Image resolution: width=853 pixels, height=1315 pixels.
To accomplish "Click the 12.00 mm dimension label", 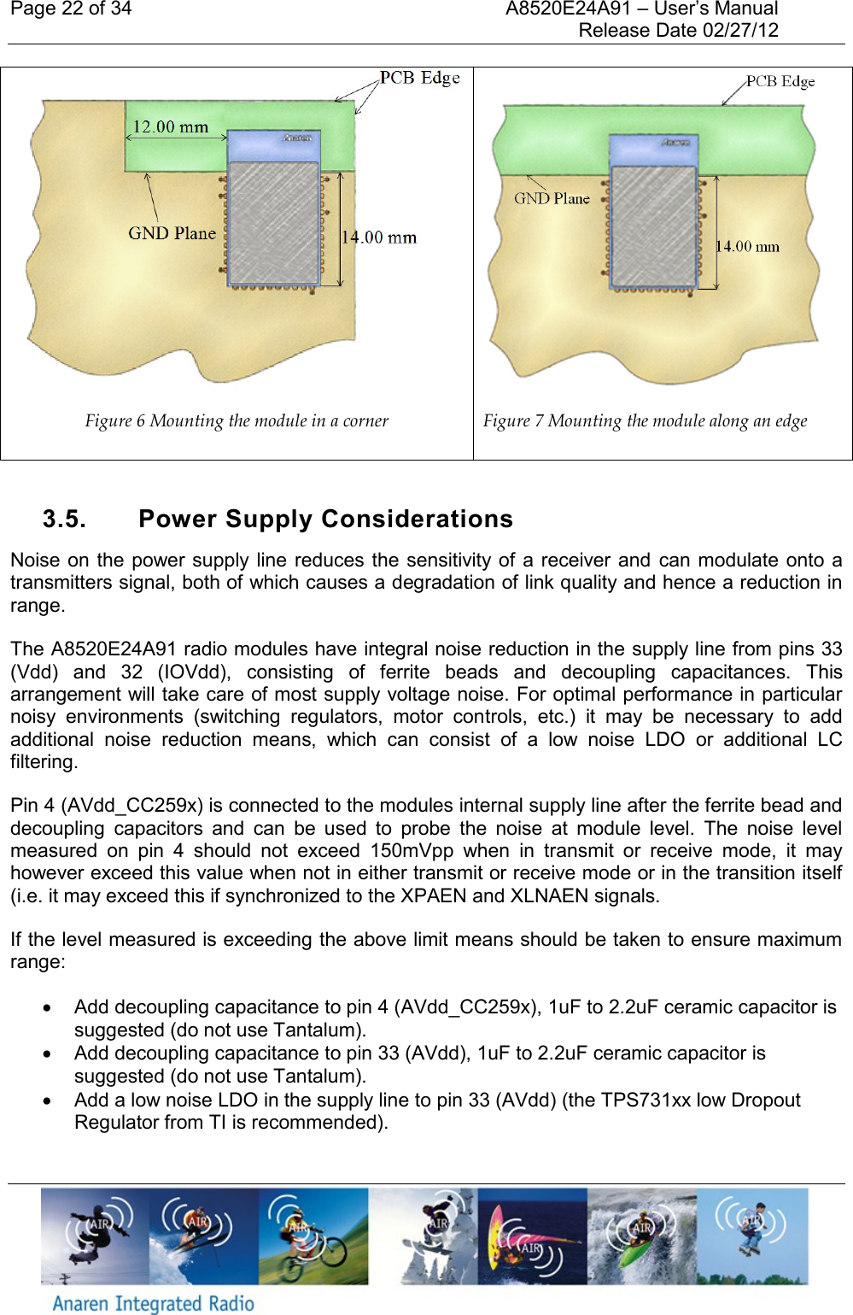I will click(x=170, y=127).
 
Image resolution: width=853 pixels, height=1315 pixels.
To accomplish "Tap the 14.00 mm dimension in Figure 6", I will click(x=379, y=238).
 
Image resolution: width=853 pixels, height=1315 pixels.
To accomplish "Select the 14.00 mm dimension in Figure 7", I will click(x=747, y=247).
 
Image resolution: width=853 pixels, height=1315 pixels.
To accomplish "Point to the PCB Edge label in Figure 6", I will click(x=419, y=78).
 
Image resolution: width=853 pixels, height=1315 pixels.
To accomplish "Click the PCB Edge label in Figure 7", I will click(x=780, y=82).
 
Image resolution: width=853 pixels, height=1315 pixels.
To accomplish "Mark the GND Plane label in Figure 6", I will click(x=172, y=233).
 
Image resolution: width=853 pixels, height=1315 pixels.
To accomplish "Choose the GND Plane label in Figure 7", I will click(x=552, y=199).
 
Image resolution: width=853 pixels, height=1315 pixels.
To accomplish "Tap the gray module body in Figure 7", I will click(x=654, y=226).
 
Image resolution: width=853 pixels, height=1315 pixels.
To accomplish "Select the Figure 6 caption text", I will click(x=237, y=420).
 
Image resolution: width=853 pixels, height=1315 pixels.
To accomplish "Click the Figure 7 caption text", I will click(x=645, y=420).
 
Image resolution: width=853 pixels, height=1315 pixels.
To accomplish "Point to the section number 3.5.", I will click(x=64, y=520).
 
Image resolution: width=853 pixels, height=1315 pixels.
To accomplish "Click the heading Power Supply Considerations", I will click(x=325, y=520).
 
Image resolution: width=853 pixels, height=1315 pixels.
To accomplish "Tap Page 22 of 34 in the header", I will click(x=71, y=9).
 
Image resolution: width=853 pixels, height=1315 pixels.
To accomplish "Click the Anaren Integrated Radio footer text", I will click(x=154, y=1303).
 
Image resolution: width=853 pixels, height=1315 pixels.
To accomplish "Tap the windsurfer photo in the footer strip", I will click(x=532, y=1236).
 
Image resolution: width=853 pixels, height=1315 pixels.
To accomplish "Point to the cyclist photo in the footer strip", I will click(x=313, y=1236).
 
